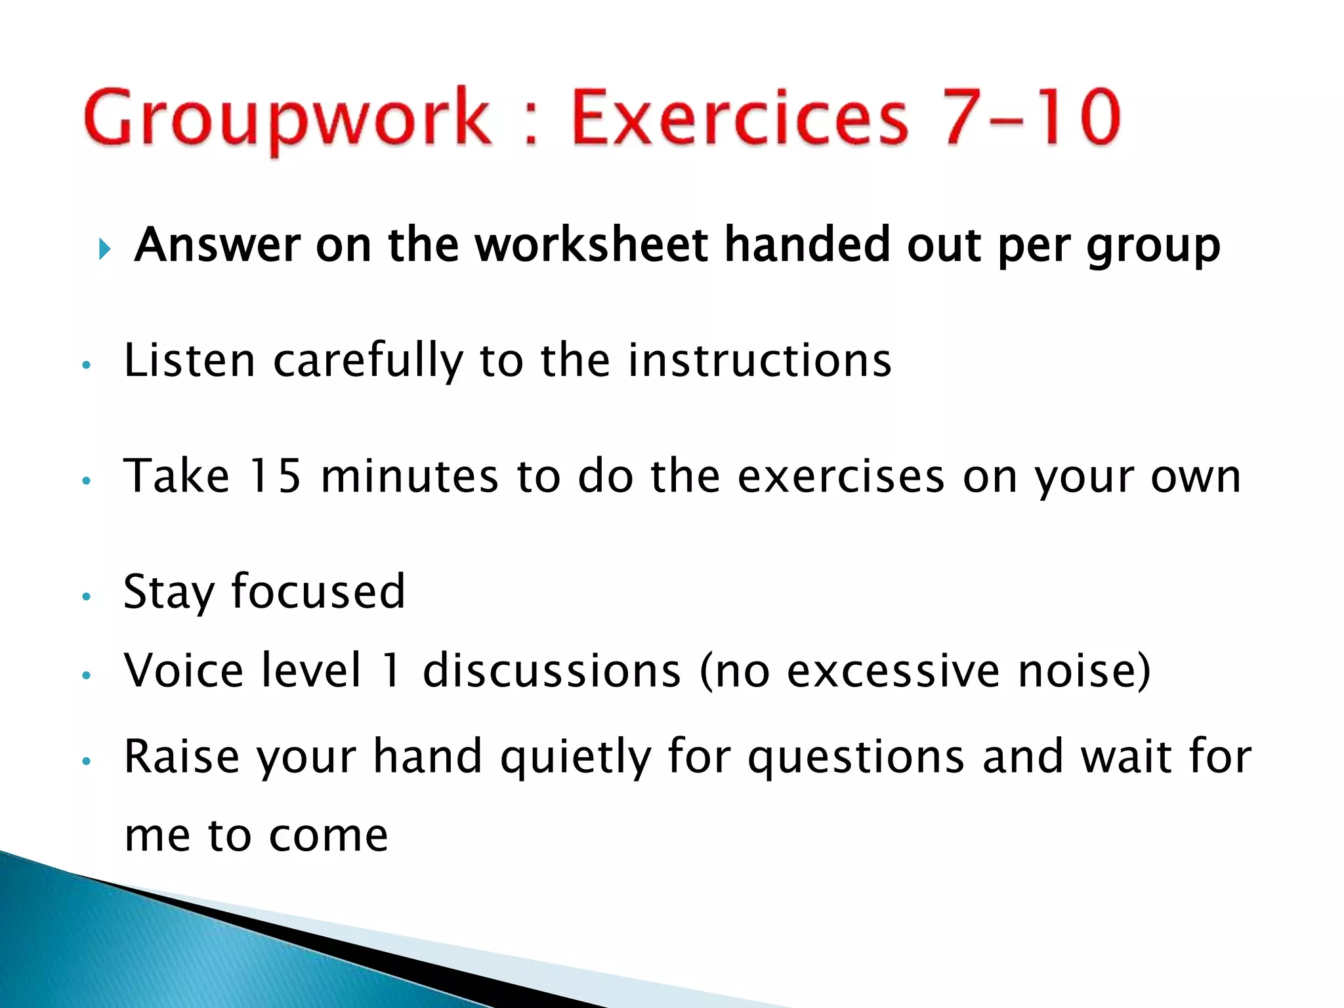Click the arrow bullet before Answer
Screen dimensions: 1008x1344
104,249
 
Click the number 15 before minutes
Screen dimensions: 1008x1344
275,475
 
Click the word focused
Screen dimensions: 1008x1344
318,591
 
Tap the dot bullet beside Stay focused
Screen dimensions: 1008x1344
85,597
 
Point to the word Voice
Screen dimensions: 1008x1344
183,670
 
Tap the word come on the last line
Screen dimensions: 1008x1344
328,836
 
